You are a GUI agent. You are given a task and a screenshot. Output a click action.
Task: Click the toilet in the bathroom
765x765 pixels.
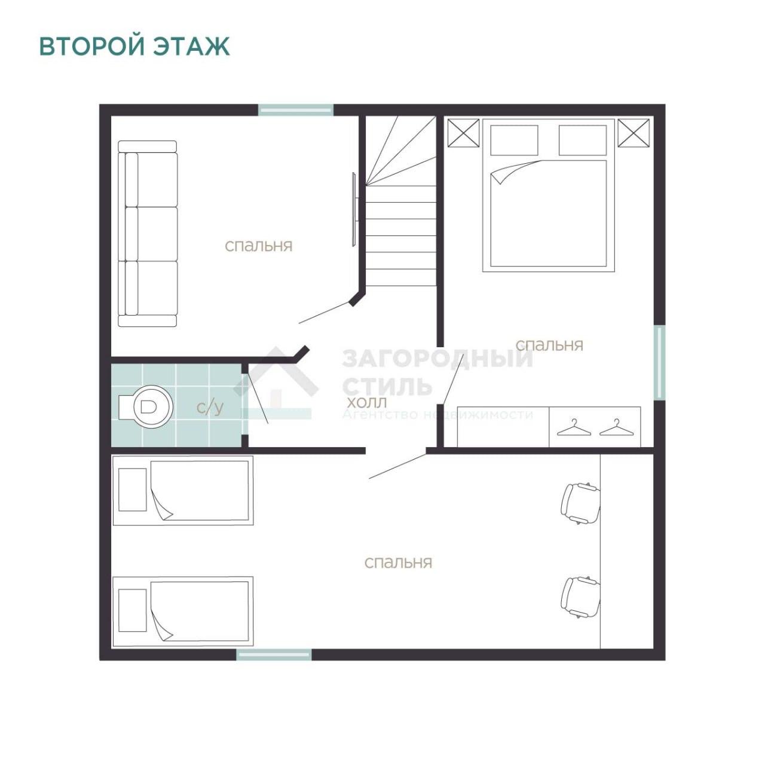(146, 406)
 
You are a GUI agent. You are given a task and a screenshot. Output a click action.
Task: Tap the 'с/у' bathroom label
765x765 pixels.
(210, 408)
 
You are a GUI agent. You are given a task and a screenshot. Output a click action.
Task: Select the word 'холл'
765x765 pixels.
(366, 403)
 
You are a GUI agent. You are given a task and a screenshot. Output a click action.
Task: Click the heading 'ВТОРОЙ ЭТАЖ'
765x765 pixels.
(134, 47)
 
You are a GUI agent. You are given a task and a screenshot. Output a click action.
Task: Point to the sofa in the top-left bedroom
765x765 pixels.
(148, 234)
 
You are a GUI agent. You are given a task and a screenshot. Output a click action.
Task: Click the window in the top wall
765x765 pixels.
(296, 110)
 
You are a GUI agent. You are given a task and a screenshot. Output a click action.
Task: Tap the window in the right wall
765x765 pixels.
(659, 362)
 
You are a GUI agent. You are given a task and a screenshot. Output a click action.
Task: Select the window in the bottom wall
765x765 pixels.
(274, 654)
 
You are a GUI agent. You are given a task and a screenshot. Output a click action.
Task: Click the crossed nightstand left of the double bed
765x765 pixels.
(463, 133)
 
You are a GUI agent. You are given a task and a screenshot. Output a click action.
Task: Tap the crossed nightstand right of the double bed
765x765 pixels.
(634, 133)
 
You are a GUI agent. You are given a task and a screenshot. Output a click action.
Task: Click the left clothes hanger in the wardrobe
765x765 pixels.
(571, 427)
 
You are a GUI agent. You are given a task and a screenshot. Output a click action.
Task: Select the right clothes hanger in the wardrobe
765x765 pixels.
(614, 427)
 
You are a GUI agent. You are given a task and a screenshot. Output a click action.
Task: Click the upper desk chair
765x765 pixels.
(580, 504)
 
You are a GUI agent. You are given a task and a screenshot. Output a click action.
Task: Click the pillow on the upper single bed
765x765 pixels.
(133, 489)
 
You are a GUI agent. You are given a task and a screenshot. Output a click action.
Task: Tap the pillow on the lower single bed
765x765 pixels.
(133, 610)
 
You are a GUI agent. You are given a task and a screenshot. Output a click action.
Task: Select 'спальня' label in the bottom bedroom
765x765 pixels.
(398, 562)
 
